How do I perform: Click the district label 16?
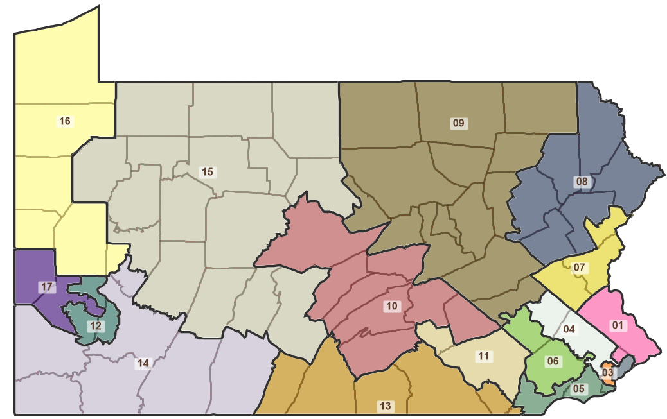tap(64, 121)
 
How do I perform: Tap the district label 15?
tap(207, 172)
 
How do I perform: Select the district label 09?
tap(458, 123)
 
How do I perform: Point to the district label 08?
tap(582, 182)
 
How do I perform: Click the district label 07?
tap(579, 267)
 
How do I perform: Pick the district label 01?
tap(618, 326)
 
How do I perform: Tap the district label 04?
tap(569, 330)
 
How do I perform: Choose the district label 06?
tap(553, 361)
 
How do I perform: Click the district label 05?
tap(578, 388)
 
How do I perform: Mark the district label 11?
tap(484, 355)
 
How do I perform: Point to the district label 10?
tap(391, 306)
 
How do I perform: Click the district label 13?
tap(385, 406)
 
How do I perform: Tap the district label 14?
tap(143, 363)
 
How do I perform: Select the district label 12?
tap(95, 325)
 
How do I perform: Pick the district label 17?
tap(46, 287)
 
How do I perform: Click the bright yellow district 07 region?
tap(559, 279)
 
